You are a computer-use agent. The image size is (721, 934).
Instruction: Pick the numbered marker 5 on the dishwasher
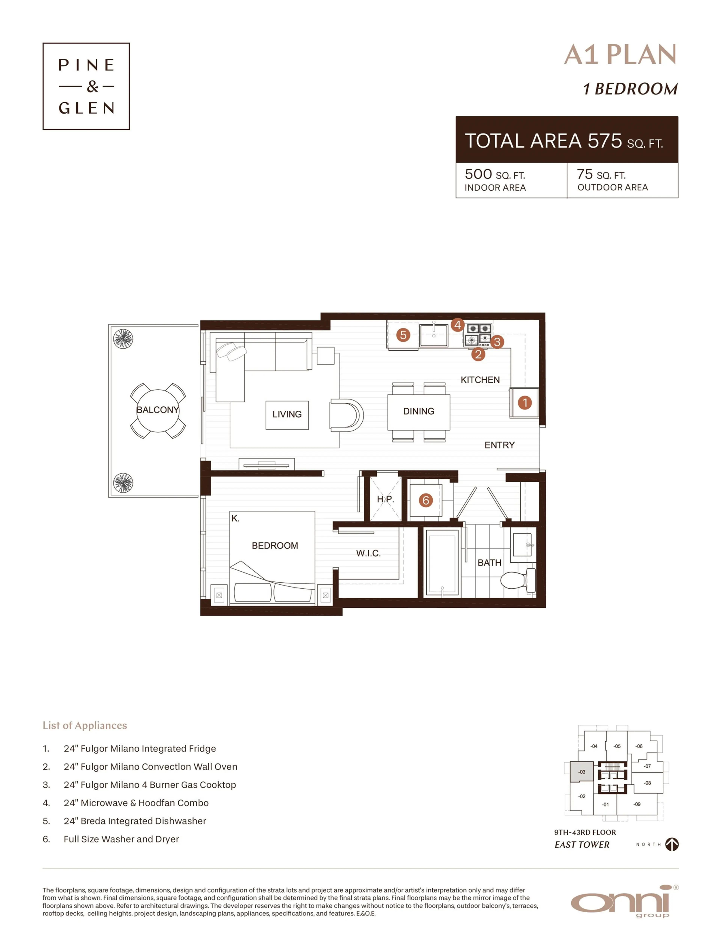coord(403,335)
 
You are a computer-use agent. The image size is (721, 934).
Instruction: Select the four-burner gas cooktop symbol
coord(478,335)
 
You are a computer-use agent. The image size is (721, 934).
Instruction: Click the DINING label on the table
coord(418,411)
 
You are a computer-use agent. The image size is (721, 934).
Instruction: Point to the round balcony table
coord(158,411)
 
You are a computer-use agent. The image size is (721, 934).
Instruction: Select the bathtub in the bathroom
coord(442,562)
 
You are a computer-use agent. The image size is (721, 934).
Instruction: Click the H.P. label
coord(385,499)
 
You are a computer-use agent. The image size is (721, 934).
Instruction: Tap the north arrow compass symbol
coord(672,844)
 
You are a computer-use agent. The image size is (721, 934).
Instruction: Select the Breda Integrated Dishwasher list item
coord(135,821)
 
